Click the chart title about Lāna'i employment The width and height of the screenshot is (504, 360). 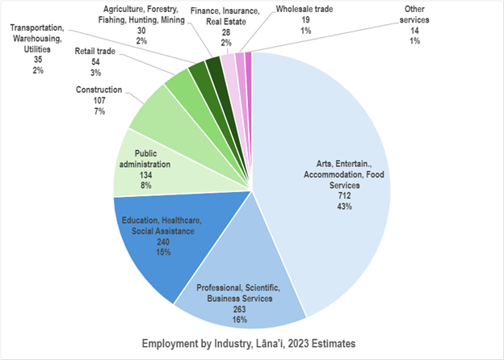[251, 341]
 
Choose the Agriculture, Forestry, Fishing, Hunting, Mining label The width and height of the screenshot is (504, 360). [141, 13]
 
